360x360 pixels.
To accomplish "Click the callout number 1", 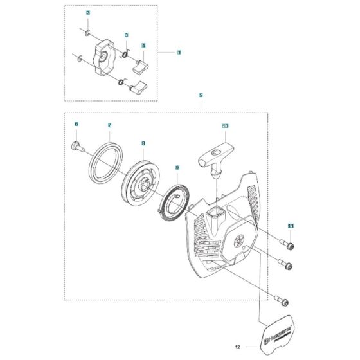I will [179, 52].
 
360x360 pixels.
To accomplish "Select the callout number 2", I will [88, 13].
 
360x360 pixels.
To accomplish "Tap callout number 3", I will [127, 35].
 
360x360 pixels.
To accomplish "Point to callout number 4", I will [143, 46].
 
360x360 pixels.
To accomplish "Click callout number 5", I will [201, 95].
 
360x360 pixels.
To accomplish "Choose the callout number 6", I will [76, 123].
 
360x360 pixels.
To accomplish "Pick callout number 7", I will [110, 125].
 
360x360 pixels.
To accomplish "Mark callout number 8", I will [143, 144].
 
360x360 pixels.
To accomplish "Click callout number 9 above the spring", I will [177, 168].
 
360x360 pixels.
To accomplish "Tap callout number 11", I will [291, 226].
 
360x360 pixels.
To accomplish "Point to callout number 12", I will [237, 348].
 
